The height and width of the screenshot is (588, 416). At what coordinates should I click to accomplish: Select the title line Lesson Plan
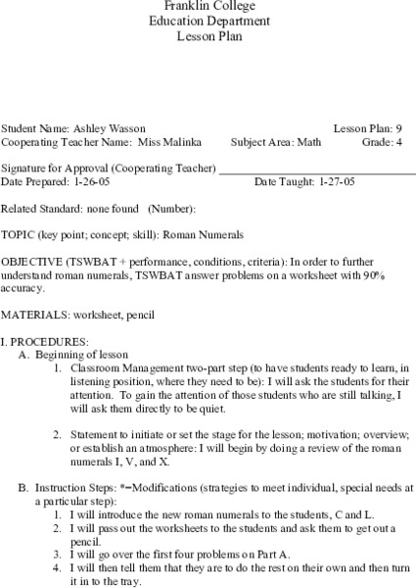(x=208, y=36)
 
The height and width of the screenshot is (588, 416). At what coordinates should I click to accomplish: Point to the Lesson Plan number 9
(x=397, y=128)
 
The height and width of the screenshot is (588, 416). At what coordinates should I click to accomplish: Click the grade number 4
(x=397, y=141)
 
